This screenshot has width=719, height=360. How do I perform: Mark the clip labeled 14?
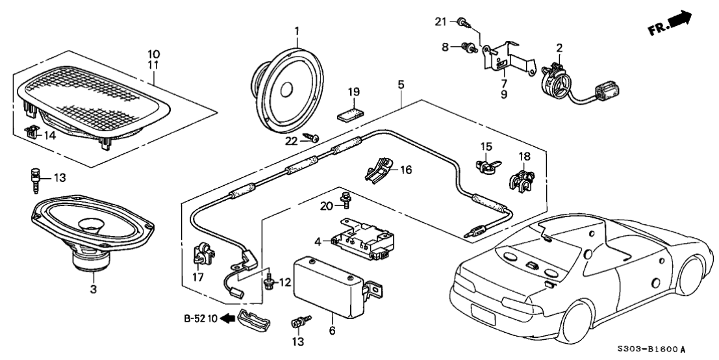point(31,133)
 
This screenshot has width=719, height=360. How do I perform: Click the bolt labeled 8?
point(466,47)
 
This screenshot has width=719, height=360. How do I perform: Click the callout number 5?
point(401,84)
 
